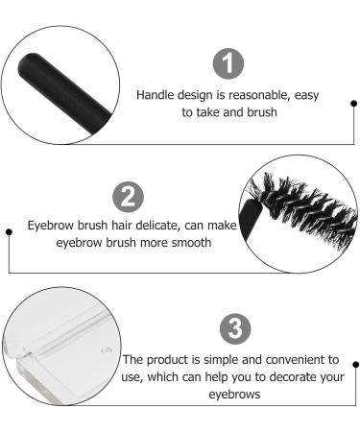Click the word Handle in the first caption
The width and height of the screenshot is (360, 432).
[157, 95]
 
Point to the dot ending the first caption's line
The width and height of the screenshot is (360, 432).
[354, 102]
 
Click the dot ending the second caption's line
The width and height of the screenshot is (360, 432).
[10, 233]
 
